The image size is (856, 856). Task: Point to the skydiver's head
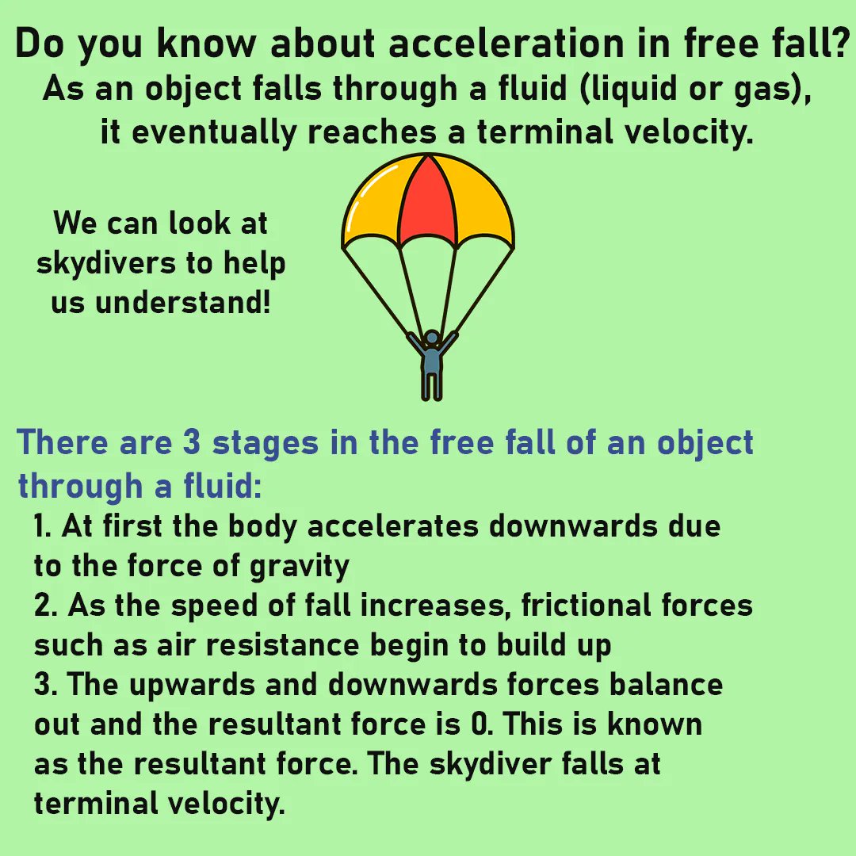[x=432, y=338]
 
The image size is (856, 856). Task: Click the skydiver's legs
[x=432, y=385]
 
